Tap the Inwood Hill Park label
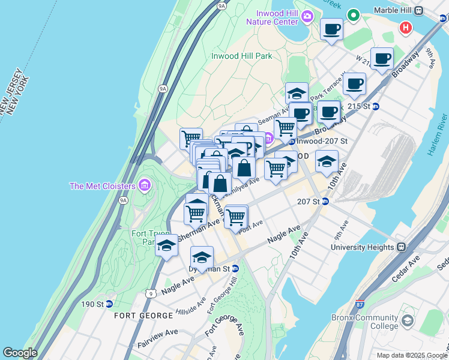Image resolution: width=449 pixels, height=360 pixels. pyautogui.click(x=241, y=56)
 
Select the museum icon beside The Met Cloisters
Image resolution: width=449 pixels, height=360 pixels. pyautogui.click(x=144, y=185)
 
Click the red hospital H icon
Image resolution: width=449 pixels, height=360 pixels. pyautogui.click(x=406, y=28)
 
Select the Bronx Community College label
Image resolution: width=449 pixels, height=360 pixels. pyautogui.click(x=364, y=322)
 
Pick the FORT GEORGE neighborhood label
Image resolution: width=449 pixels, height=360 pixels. pyautogui.click(x=135, y=315)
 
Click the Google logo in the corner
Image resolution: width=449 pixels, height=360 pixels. pyautogui.click(x=20, y=353)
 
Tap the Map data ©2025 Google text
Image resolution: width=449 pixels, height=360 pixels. pyautogui.click(x=412, y=355)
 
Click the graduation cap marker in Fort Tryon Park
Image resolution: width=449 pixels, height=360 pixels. pyautogui.click(x=166, y=245)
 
